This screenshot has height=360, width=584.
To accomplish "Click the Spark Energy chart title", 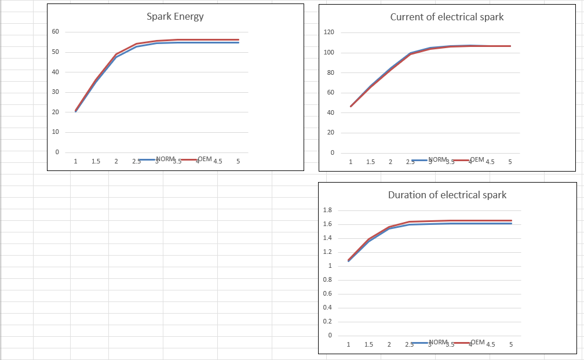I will (175, 16).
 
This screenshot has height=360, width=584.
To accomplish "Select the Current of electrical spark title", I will (447, 17).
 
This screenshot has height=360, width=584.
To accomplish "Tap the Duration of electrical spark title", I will (447, 195).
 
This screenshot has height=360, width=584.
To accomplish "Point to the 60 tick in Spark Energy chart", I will (56, 31).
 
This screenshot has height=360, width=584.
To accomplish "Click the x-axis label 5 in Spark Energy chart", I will (238, 162).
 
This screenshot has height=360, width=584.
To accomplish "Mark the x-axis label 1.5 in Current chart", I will (370, 162).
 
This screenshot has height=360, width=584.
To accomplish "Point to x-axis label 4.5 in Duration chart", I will (490, 344).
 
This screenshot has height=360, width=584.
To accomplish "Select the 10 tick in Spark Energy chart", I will (56, 132).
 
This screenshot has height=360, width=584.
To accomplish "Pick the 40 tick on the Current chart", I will (330, 112).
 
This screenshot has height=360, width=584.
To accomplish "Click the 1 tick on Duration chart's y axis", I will (329, 266).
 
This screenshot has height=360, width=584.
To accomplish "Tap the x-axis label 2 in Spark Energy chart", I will (116, 162).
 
